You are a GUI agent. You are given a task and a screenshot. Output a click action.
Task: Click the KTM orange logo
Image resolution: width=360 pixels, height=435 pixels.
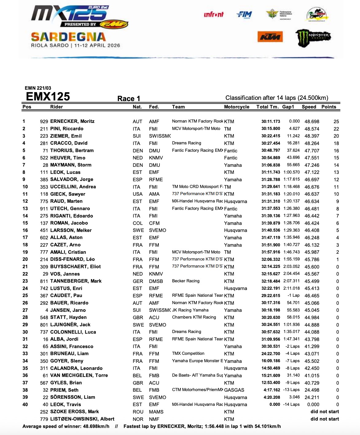pyautogui.click(x=270, y=37)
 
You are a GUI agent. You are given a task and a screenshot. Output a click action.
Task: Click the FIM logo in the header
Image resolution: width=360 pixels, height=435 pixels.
pyautogui.click(x=244, y=14)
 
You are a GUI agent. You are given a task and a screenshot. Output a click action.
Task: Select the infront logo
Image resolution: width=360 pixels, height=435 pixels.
pyautogui.click(x=214, y=14)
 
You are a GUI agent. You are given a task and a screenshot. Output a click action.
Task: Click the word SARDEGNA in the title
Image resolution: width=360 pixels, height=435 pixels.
pyautogui.click(x=68, y=37)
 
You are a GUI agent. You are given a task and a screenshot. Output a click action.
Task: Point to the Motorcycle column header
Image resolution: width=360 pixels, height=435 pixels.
pyautogui.click(x=237, y=107)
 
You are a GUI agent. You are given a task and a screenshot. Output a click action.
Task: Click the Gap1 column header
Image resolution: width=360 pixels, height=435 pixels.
pyautogui.click(x=288, y=107)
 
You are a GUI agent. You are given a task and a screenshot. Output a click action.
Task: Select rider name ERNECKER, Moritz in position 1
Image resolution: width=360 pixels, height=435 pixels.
pyautogui.click(x=72, y=121)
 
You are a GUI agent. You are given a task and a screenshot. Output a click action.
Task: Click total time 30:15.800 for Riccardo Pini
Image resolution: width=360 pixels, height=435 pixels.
pyautogui.click(x=271, y=129)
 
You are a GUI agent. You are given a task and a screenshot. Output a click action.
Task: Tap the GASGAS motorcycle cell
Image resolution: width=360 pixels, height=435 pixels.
pyautogui.click(x=234, y=390)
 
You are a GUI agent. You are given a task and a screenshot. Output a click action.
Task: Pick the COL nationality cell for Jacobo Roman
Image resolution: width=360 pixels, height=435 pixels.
pyautogui.click(x=138, y=223)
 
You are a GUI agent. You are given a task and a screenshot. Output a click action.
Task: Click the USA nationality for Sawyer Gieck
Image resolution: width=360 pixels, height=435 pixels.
pyautogui.click(x=138, y=194)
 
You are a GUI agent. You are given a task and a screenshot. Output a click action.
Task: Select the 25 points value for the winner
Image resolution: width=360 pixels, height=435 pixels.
pyautogui.click(x=336, y=122)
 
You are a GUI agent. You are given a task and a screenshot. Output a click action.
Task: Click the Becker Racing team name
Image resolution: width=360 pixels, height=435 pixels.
pyautogui.click(x=186, y=281)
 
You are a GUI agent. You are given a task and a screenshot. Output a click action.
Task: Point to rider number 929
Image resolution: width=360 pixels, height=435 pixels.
pyautogui.click(x=44, y=122)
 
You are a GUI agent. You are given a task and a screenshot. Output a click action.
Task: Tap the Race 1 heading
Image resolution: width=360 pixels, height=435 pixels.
pyautogui.click(x=129, y=99)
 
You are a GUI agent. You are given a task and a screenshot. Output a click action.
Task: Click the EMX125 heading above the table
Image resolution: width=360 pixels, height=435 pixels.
pyautogui.click(x=48, y=96)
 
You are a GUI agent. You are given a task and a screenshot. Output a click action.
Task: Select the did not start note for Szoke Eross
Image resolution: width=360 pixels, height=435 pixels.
pyautogui.click(x=325, y=412)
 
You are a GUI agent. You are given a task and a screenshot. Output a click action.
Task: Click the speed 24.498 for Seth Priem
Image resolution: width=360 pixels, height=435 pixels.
pyautogui.click(x=312, y=390)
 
